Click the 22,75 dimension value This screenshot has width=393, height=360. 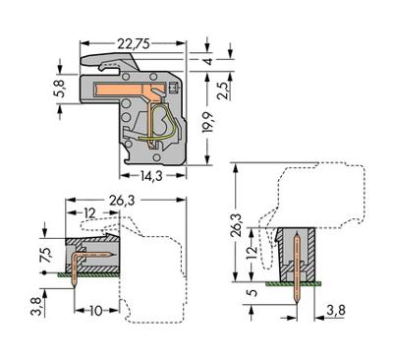134,43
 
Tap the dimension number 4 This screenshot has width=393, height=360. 208,61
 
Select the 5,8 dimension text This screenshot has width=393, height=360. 59,89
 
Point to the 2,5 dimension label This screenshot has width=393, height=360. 222,90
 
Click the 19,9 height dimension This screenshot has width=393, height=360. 207,122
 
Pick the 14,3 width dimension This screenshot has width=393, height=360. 151,176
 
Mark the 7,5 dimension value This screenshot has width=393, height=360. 45,255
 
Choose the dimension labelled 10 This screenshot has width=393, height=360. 96,311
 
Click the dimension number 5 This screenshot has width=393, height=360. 253,292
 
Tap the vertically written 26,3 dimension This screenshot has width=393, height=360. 237,224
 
